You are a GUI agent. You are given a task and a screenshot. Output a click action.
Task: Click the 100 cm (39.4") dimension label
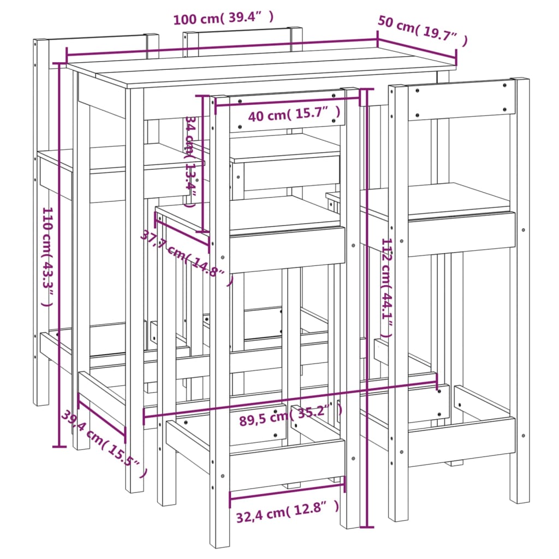[x=223, y=18]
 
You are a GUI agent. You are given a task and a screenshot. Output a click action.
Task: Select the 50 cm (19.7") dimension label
[x=423, y=31]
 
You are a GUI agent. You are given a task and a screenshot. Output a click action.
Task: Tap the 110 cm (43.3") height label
[x=47, y=257]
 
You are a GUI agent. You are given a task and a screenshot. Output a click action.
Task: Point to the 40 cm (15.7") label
[x=294, y=114]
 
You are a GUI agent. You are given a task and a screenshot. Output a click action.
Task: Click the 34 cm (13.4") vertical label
[x=191, y=161]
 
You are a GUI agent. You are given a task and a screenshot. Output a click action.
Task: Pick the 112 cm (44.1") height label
[x=387, y=288]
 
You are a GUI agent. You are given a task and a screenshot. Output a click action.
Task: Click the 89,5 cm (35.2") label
[x=290, y=415]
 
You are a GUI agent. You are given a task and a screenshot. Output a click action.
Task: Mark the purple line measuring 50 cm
[x=417, y=47]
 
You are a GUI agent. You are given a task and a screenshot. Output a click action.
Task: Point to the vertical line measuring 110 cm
[x=59, y=254]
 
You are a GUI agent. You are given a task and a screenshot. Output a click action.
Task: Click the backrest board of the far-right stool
[x=462, y=100]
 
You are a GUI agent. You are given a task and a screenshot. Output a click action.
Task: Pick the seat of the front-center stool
[x=249, y=215]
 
